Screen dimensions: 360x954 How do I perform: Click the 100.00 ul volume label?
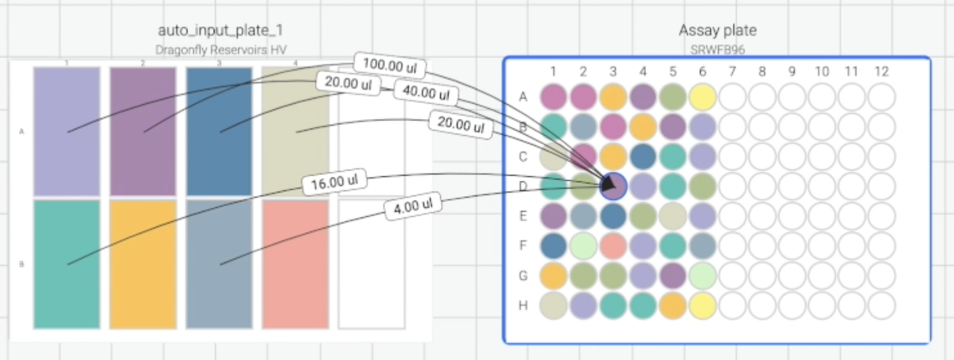(390, 67)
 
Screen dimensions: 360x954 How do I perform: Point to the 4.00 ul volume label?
(413, 206)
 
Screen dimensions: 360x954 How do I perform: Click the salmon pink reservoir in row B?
(295, 264)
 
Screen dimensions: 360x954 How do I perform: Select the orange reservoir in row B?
(143, 264)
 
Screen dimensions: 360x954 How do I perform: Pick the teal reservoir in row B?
(67, 264)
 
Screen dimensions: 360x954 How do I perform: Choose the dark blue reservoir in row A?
(219, 132)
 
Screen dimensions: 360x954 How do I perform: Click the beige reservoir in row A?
(295, 132)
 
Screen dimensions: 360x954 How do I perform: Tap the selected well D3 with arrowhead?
(614, 186)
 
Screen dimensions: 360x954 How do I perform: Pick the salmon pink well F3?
(614, 245)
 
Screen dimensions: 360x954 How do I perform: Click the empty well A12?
(882, 96)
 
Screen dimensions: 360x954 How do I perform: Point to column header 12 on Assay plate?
(882, 71)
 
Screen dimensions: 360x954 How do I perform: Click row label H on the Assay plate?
(523, 305)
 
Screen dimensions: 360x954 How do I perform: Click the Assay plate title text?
(717, 30)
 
